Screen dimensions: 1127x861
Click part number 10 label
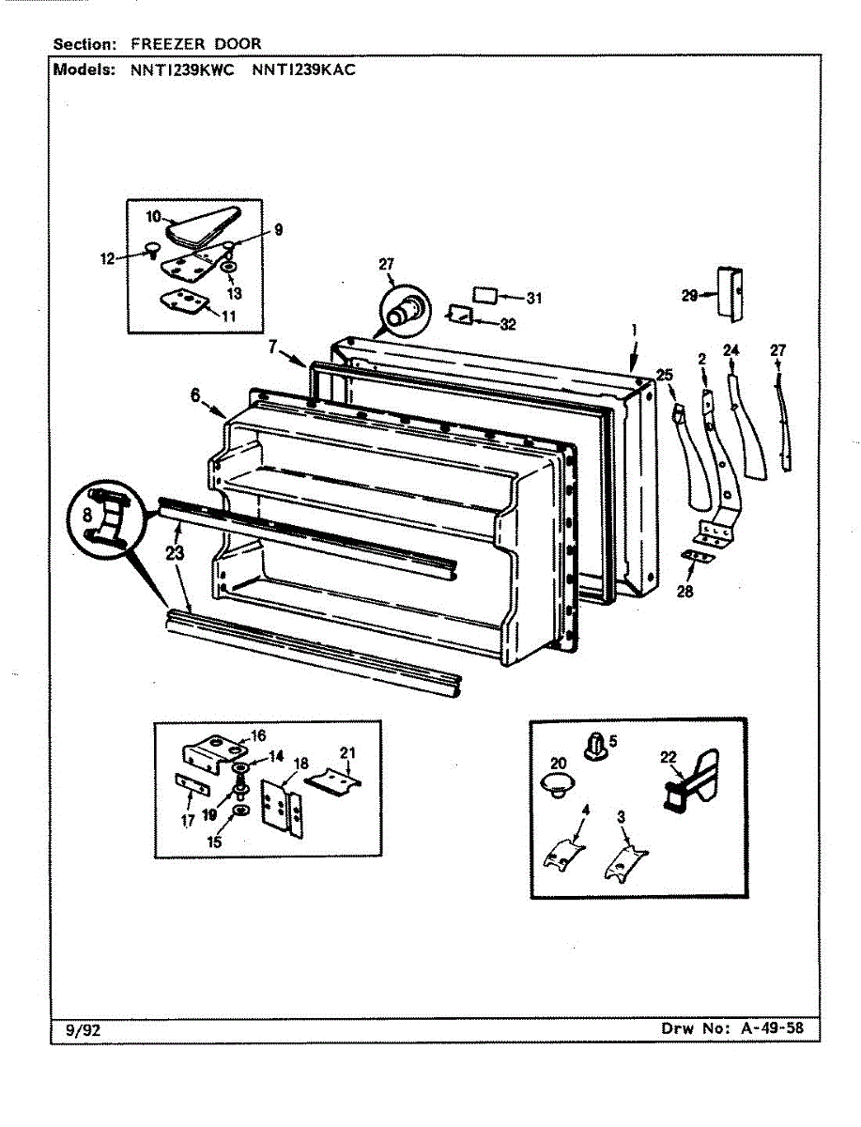tap(154, 217)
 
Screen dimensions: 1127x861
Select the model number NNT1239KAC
tap(303, 69)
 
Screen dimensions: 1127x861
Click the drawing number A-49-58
tap(772, 1027)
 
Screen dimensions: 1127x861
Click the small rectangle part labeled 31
tap(484, 295)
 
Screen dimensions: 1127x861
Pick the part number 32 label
tap(507, 325)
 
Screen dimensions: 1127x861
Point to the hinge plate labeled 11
tap(184, 302)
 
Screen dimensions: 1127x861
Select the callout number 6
tap(195, 396)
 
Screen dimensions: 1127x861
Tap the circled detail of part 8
tap(104, 518)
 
